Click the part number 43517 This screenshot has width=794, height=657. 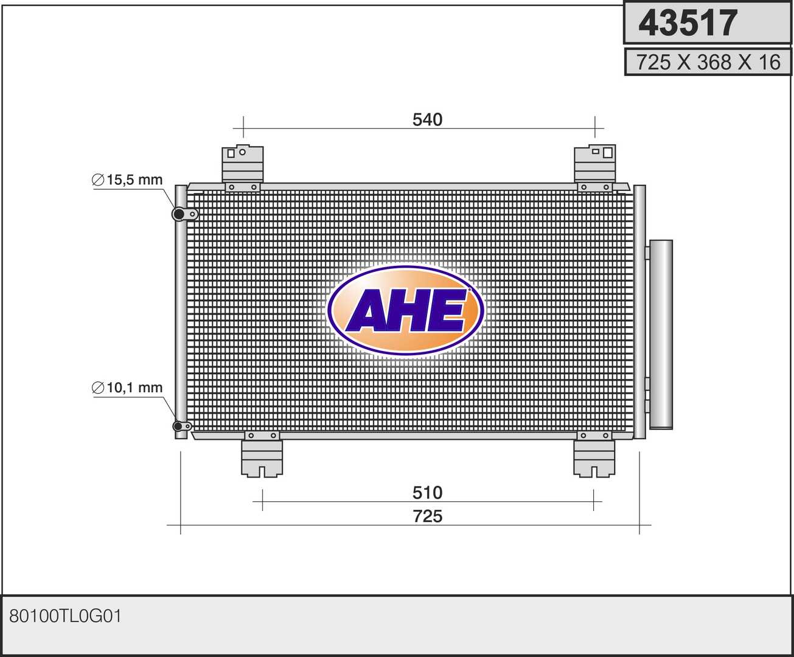pyautogui.click(x=688, y=23)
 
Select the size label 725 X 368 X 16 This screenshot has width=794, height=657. pyautogui.click(x=708, y=62)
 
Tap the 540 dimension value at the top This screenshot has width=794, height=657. pyautogui.click(x=427, y=120)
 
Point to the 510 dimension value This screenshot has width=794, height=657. pyautogui.click(x=427, y=492)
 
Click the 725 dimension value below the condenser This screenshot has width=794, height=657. pyautogui.click(x=427, y=516)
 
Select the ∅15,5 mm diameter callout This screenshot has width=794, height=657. pyautogui.click(x=128, y=180)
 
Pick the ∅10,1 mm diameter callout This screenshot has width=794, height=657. pyautogui.click(x=128, y=388)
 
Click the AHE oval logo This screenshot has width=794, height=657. pyautogui.click(x=405, y=310)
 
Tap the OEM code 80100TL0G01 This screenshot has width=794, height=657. pyautogui.click(x=66, y=616)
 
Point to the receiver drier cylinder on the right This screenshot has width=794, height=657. pyautogui.click(x=661, y=335)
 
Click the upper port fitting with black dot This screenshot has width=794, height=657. pyautogui.click(x=179, y=214)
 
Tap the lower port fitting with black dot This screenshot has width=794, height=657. pyautogui.click(x=179, y=426)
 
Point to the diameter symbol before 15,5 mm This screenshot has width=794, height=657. pyautogui.click(x=98, y=181)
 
